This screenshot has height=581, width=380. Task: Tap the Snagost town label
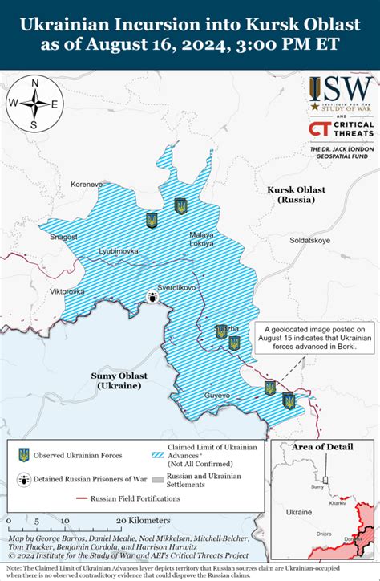pyautogui.click(x=63, y=237)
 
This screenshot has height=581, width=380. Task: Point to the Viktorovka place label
pyautogui.click(x=67, y=290)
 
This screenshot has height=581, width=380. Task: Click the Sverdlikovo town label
pyautogui.click(x=178, y=286)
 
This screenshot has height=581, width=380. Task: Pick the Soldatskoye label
pyautogui.click(x=309, y=240)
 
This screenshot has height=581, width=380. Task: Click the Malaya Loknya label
pyautogui.click(x=201, y=238)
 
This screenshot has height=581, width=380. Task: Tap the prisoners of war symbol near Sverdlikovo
pyautogui.click(x=151, y=297)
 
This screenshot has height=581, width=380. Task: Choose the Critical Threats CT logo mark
pyautogui.click(x=318, y=130)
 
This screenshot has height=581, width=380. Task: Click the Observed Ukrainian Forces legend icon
pyautogui.click(x=24, y=455)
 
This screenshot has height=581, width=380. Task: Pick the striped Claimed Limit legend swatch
pyautogui.click(x=156, y=454)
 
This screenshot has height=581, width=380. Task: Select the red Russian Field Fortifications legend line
pyautogui.click(x=81, y=498)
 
